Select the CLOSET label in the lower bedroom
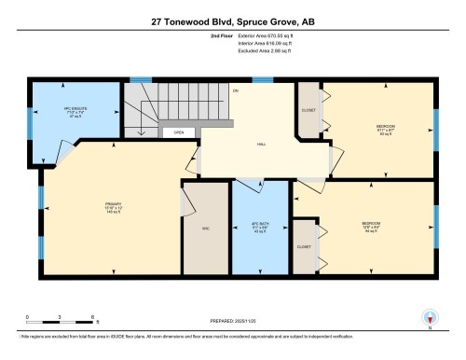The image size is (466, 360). [x=304, y=246]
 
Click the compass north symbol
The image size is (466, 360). [x=431, y=318]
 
